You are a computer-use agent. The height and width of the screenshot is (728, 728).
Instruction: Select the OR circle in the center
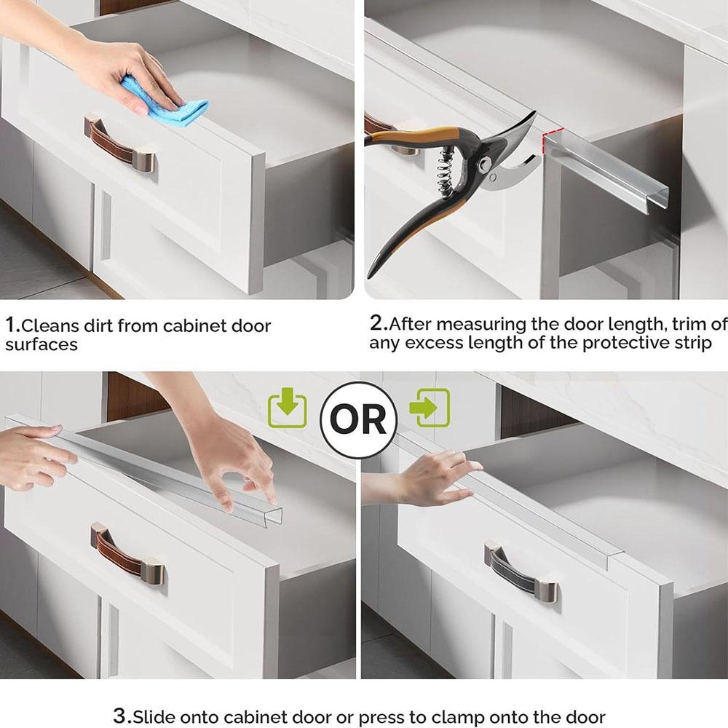point(359,419)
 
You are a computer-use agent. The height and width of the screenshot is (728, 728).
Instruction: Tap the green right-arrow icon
point(430,408)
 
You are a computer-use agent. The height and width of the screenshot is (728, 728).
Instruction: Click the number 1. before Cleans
point(12,325)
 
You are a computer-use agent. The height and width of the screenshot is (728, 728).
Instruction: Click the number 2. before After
point(378,323)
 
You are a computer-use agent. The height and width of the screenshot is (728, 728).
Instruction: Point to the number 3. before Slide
point(122,716)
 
